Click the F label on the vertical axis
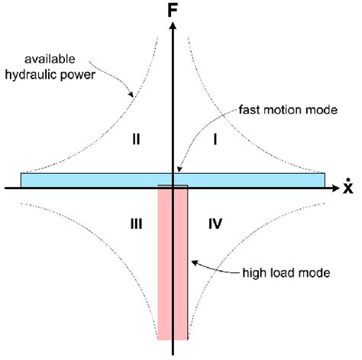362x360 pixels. [175, 11]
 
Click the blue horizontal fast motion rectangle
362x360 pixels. [92, 180]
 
